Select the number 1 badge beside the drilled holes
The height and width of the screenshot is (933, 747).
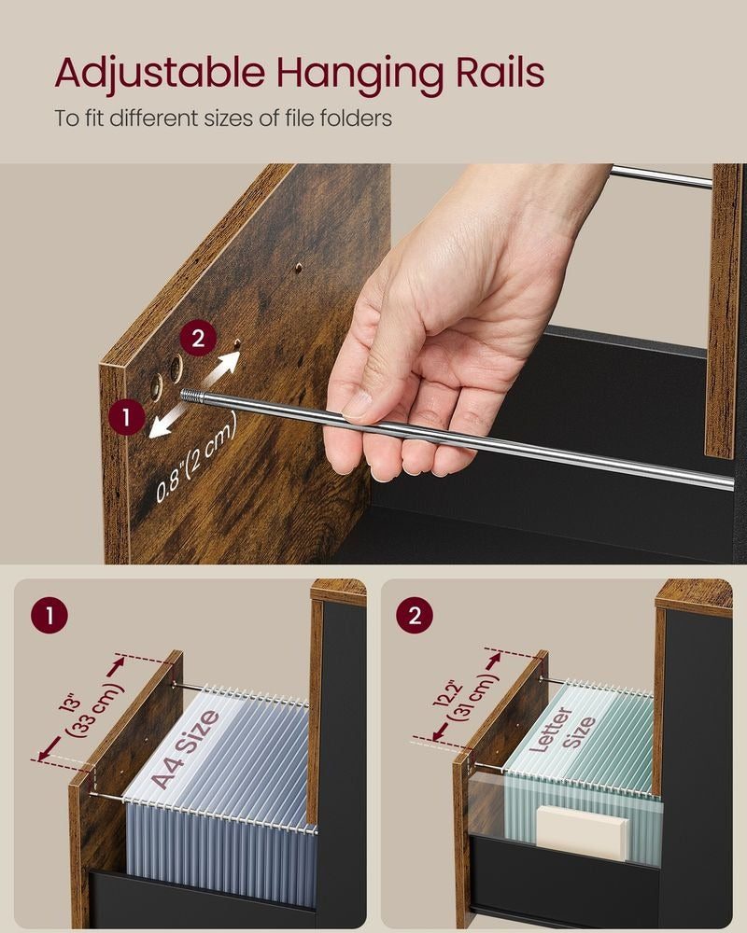[126, 417]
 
